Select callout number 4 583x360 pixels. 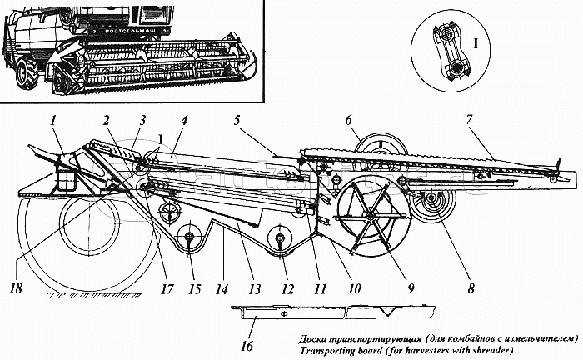[x=182, y=119]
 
